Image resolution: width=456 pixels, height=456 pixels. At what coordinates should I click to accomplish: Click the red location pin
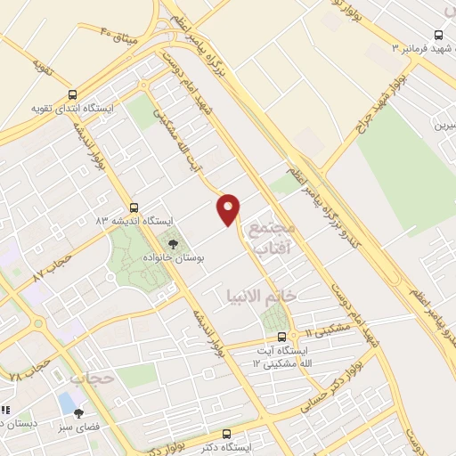click(229, 208)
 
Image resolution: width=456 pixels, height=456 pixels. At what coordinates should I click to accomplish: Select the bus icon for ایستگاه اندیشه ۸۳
click(134, 207)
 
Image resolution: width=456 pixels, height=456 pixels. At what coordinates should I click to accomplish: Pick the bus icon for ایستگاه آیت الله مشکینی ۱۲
click(282, 337)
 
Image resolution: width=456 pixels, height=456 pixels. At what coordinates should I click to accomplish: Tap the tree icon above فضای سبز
click(79, 412)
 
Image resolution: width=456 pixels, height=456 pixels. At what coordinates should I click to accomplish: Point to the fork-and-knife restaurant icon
click(4, 411)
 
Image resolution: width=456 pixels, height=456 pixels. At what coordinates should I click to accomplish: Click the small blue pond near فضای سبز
click(67, 403)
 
